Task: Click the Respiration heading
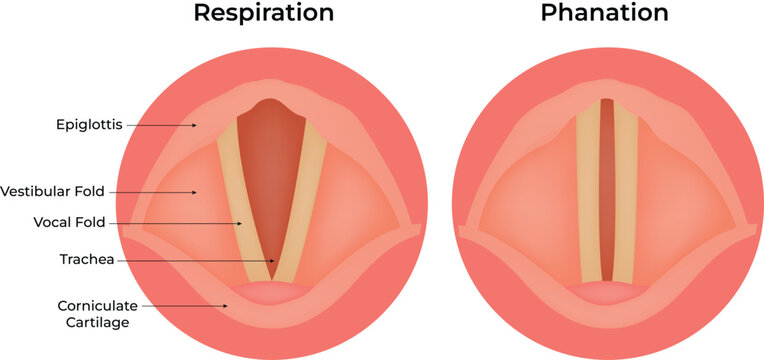pos(263,14)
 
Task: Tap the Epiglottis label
pos(89,125)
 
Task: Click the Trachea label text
pos(87,260)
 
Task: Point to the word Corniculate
pos(85,305)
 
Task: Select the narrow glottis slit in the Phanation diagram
pos(606,190)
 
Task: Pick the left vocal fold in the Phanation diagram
pos(588,190)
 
